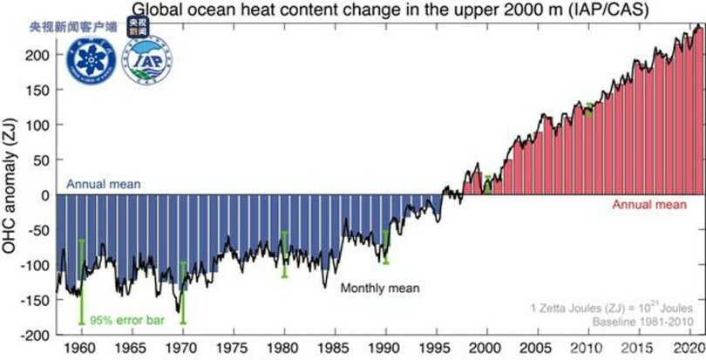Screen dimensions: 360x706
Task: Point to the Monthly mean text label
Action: click(380, 289)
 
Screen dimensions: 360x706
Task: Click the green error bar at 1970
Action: click(182, 293)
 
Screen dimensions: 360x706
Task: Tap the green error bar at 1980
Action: click(283, 254)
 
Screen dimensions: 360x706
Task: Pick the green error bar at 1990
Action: click(384, 247)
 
